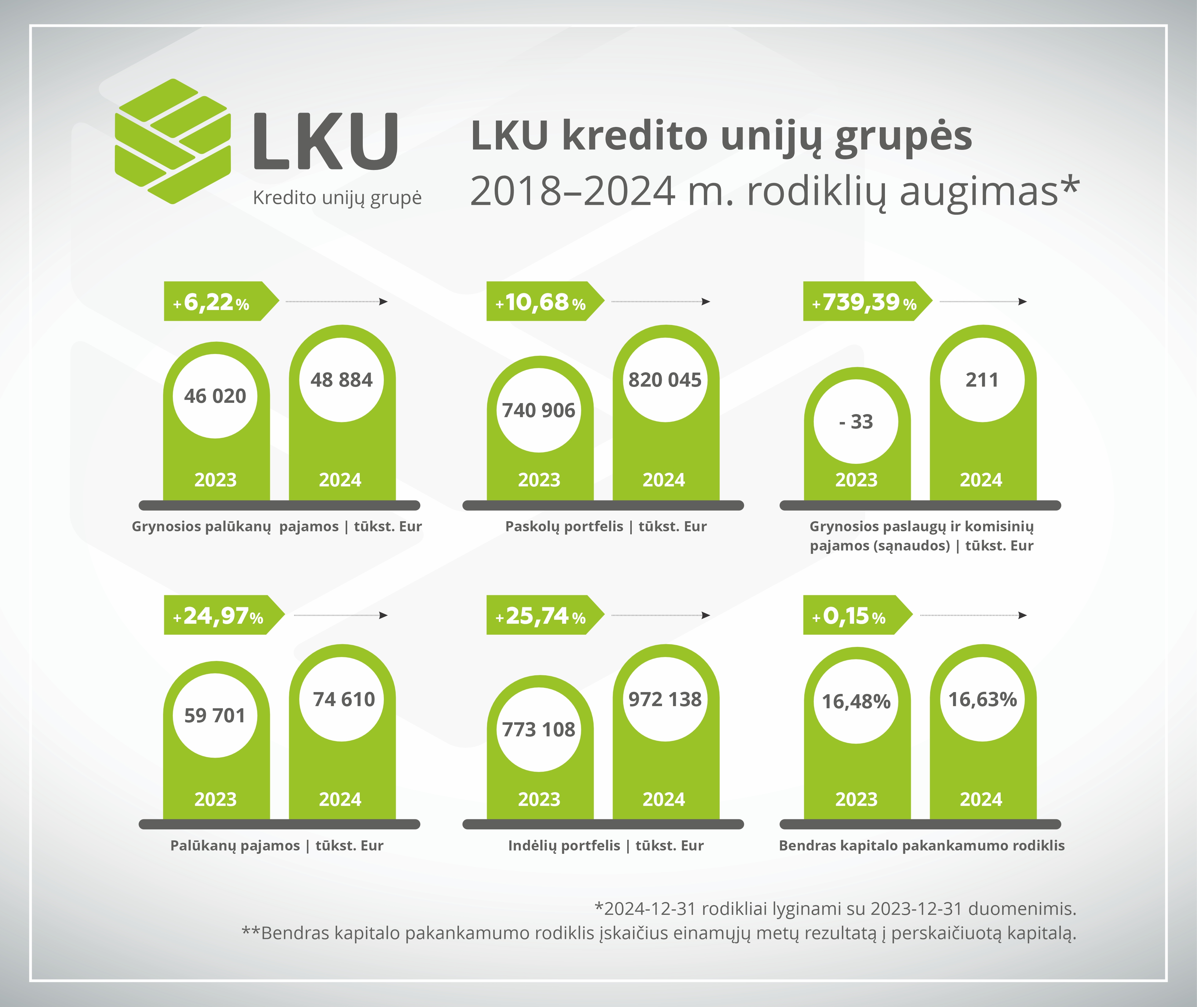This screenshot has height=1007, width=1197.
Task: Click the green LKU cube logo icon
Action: pos(173,141)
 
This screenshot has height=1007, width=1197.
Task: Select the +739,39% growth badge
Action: pos(864,301)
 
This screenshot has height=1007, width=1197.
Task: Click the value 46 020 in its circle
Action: pos(215,395)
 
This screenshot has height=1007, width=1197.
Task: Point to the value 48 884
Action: pos(341,380)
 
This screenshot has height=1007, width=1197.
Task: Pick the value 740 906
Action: pos(539,410)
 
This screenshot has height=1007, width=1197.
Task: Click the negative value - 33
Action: pos(856,421)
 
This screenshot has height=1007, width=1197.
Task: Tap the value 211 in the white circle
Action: pos(982,380)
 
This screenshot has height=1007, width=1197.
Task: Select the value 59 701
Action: pos(215,715)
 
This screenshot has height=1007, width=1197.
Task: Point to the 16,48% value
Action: pos(856,702)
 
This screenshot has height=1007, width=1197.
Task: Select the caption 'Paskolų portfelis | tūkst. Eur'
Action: pos(606,526)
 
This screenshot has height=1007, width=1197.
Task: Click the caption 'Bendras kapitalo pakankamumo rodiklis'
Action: pos(922,846)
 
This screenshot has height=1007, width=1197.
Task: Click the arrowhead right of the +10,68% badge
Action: pos(706,301)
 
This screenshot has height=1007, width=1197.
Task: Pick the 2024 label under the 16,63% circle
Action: pos(981,799)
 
